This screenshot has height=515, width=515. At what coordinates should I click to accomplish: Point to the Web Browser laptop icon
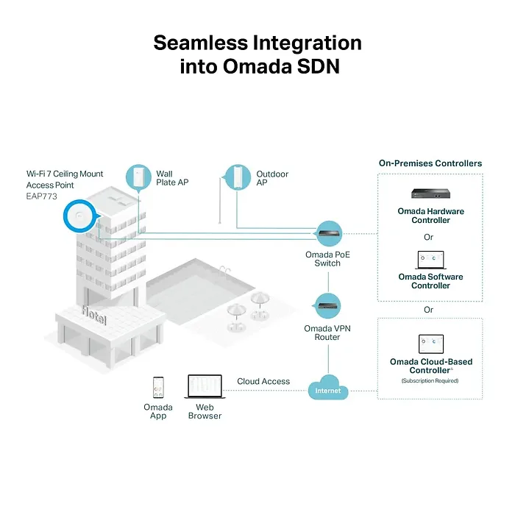(x=205, y=387)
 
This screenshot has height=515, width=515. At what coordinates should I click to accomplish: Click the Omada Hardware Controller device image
(x=430, y=195)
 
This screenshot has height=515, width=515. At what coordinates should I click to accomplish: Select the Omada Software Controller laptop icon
(x=430, y=260)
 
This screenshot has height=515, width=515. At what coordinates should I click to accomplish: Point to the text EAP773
(x=42, y=196)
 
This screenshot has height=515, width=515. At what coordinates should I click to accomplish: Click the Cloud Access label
(x=263, y=382)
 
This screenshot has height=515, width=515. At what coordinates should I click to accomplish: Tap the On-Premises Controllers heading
(x=430, y=163)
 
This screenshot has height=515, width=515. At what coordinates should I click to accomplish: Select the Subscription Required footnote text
(x=430, y=380)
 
